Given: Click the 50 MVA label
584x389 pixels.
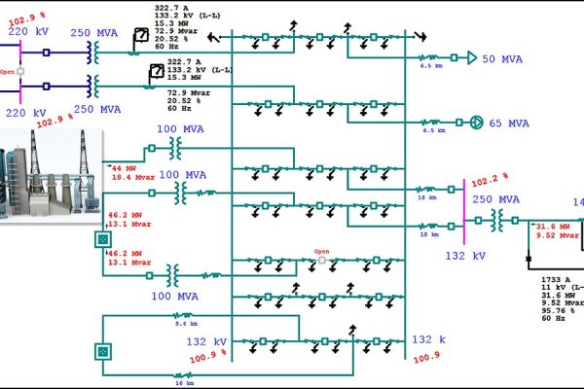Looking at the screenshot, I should (502, 58).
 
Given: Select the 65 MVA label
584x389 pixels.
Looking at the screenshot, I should (509, 124).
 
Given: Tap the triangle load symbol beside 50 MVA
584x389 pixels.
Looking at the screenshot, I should (472, 58).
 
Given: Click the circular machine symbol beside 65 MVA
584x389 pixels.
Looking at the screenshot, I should (477, 123).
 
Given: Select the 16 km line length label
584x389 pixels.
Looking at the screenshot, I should (183, 382).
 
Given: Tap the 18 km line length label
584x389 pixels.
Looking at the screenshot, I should (425, 197).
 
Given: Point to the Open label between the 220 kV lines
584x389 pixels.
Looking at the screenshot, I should (8, 72).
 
